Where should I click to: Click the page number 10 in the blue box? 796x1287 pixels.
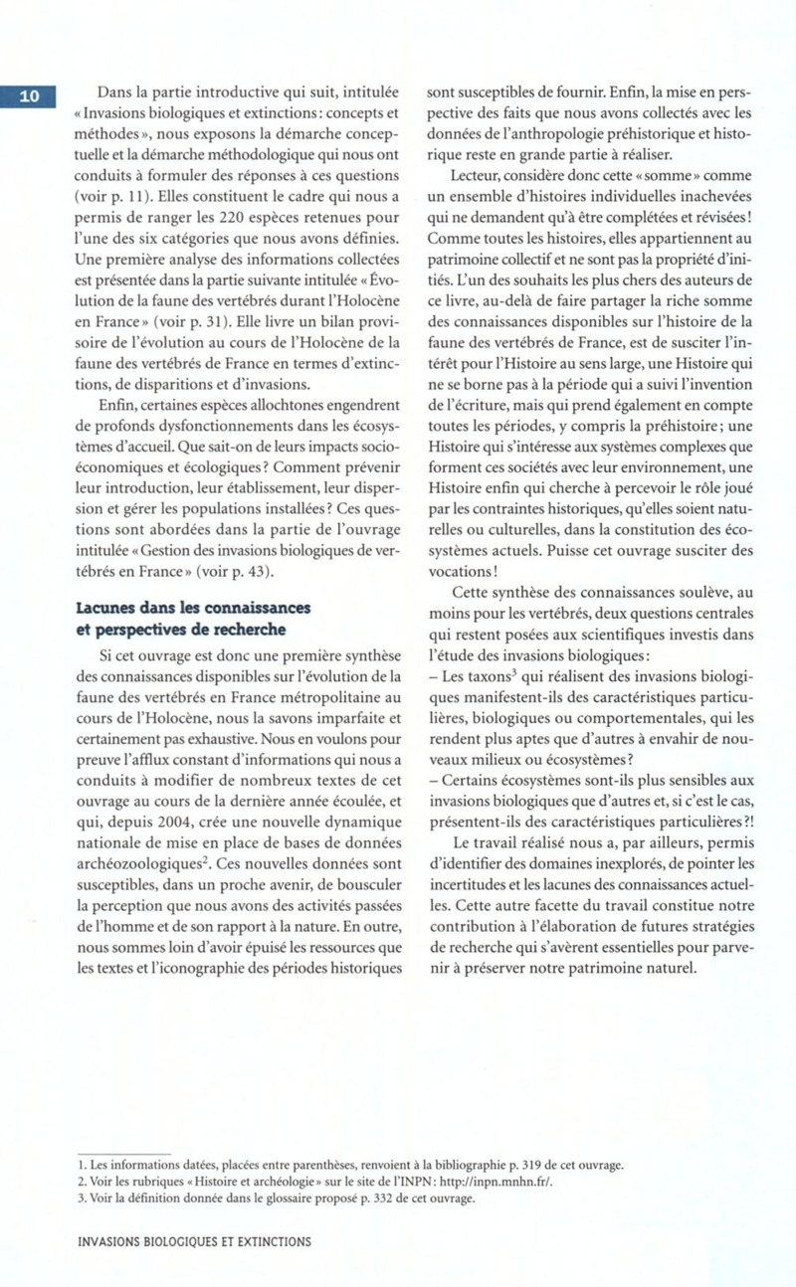coord(30,95)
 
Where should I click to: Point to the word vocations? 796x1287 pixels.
coord(459,570)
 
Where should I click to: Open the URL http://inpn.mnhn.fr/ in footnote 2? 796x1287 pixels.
coord(496,1182)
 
